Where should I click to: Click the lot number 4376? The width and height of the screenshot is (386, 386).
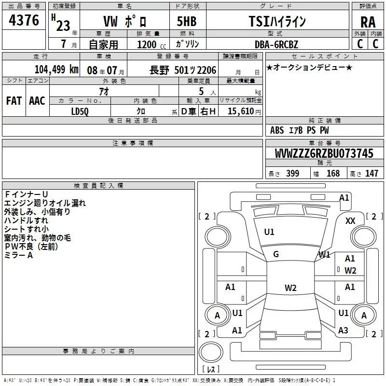(24, 20)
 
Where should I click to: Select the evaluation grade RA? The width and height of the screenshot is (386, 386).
(368, 22)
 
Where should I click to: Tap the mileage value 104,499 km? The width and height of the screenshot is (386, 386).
(56, 69)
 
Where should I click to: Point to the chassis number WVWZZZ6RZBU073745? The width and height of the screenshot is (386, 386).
(324, 153)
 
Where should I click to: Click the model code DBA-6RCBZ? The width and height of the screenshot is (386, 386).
(276, 44)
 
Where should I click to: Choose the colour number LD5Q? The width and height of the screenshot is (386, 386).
(80, 111)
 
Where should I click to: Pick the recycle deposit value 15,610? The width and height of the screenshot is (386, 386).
(241, 111)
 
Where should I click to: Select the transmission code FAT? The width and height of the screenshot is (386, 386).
(14, 101)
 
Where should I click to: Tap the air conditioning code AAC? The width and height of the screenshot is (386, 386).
(37, 101)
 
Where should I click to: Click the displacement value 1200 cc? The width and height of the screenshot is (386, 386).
(152, 44)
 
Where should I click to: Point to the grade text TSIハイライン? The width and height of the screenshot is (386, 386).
(277, 21)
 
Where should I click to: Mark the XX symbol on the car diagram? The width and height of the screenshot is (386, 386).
(350, 221)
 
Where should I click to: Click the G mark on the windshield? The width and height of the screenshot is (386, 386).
(276, 254)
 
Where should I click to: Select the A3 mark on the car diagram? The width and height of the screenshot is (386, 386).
(343, 331)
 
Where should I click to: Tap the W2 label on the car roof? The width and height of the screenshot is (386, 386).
(290, 288)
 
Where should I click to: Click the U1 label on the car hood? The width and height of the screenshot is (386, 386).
(269, 232)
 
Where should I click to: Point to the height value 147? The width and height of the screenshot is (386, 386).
(372, 173)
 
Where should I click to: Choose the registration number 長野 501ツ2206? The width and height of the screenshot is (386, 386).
(183, 70)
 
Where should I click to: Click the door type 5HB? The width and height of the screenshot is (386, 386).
(187, 21)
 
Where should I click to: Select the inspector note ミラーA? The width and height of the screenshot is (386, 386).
(18, 255)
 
